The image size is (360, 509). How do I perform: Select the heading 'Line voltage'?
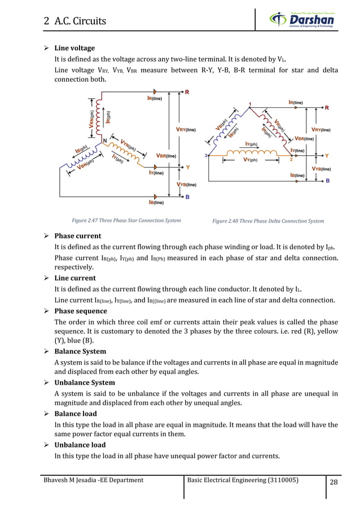tap(74, 48)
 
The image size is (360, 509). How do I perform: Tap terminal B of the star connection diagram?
tap(187, 198)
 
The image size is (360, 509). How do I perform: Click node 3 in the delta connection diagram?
tap(206, 155)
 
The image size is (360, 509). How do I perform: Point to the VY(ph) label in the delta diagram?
tap(246, 160)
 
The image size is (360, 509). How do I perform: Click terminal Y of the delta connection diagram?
tap(327, 155)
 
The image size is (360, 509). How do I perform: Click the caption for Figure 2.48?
tap(268, 221)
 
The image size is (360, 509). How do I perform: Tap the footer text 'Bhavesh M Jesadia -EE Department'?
tap(89, 480)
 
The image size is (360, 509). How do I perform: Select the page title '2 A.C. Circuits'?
tap(75, 21)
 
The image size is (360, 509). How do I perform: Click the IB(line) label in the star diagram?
tap(156, 201)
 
